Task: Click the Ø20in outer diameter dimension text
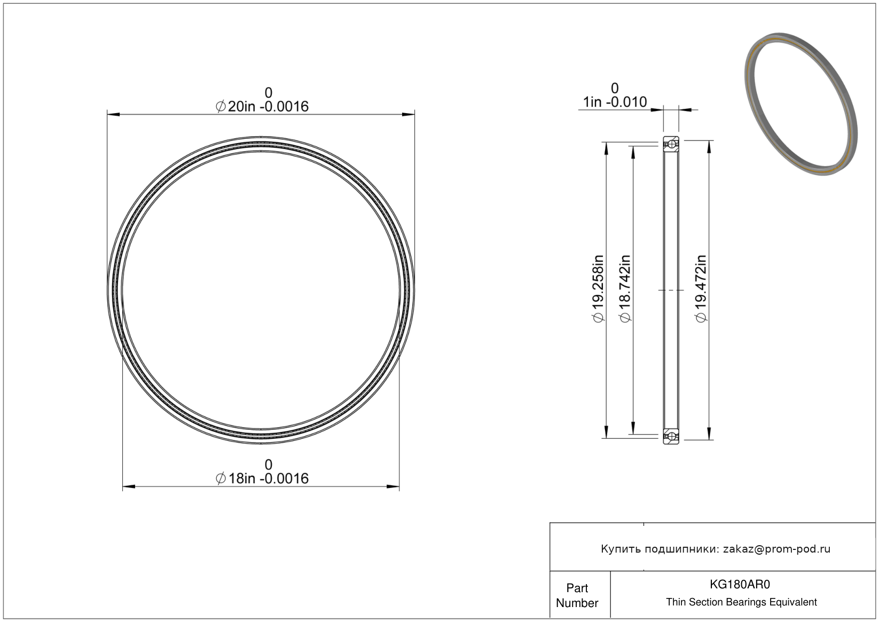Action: point(262,106)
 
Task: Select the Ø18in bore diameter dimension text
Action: point(262,478)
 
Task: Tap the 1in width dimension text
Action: point(615,102)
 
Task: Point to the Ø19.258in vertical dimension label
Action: point(598,289)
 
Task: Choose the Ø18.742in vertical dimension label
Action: point(625,289)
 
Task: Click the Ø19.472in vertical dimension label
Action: point(701,289)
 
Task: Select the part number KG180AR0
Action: point(740,584)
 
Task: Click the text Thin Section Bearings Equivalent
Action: point(741,602)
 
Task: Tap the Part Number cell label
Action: point(577,595)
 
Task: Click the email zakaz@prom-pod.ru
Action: point(776,549)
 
